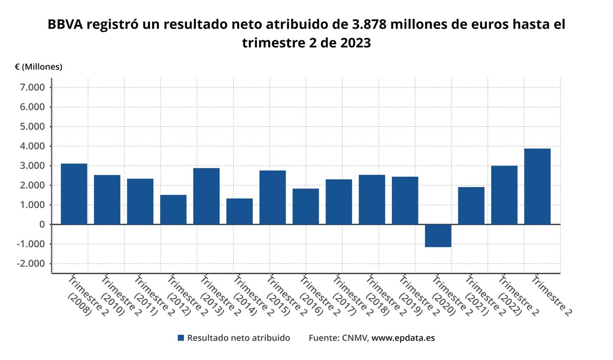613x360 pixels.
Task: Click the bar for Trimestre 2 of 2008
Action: (x=74, y=194)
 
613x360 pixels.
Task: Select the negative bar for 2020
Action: (x=438, y=235)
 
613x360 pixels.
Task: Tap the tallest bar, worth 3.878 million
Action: (x=537, y=186)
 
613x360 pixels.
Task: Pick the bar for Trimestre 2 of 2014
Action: (x=240, y=211)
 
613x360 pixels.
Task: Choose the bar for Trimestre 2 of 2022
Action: (x=504, y=195)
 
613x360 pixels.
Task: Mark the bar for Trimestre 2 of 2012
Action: (x=173, y=209)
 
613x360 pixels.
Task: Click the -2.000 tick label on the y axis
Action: (x=33, y=263)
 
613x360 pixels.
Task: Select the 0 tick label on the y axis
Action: (x=42, y=225)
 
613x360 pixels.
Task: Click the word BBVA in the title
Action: (x=65, y=25)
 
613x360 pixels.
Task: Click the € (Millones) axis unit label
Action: (x=39, y=67)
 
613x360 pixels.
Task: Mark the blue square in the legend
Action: (x=180, y=338)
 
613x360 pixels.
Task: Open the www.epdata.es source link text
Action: (x=403, y=338)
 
